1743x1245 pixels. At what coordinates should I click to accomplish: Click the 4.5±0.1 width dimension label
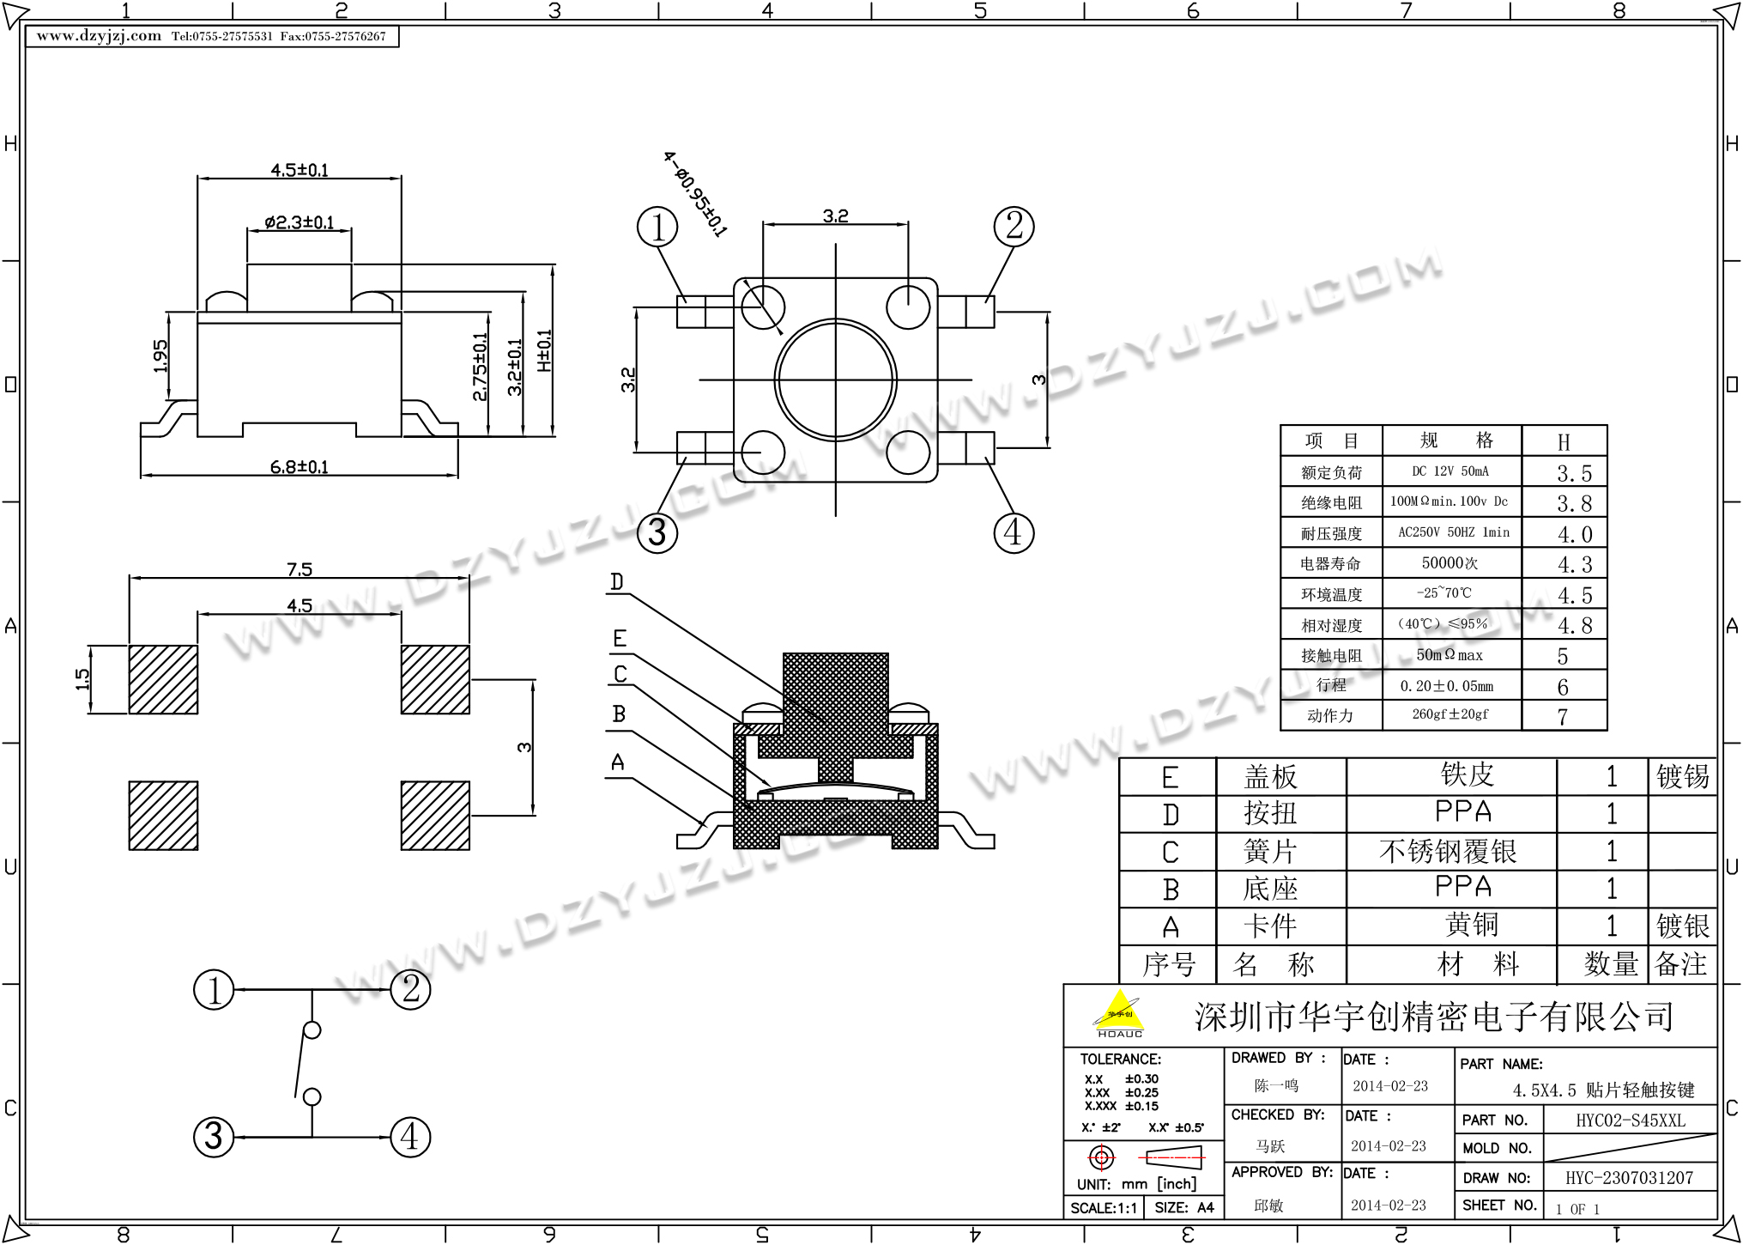click(300, 170)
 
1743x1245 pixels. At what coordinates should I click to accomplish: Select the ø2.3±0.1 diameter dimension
click(299, 222)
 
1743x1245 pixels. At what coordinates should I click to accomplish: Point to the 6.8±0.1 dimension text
click(299, 467)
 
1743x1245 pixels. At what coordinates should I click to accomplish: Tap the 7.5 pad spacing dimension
click(300, 569)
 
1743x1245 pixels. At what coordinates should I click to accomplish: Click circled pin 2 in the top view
click(1014, 227)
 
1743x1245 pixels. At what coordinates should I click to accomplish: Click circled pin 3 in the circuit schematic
click(214, 1136)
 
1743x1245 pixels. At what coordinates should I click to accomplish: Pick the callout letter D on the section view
click(616, 582)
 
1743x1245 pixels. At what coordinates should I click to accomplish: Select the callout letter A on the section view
click(617, 762)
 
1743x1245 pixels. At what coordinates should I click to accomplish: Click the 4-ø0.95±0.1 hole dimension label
click(694, 194)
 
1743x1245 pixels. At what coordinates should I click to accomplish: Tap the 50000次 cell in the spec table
click(1449, 563)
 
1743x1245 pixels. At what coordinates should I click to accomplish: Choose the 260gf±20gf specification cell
click(1449, 714)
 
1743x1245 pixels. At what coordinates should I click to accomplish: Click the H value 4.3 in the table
click(1574, 565)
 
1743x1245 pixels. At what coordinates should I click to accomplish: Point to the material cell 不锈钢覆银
click(1448, 852)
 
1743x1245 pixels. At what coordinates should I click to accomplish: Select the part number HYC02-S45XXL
click(1630, 1120)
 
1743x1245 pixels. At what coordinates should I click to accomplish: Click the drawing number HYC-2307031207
click(1629, 1178)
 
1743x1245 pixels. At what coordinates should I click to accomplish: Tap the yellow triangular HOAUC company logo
click(1119, 1014)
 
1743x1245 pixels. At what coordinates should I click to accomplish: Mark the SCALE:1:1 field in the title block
click(1104, 1208)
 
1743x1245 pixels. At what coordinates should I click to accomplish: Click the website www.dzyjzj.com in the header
click(99, 36)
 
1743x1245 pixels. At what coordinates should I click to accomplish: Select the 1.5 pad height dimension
click(82, 679)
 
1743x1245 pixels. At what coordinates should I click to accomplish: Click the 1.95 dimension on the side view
click(160, 356)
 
